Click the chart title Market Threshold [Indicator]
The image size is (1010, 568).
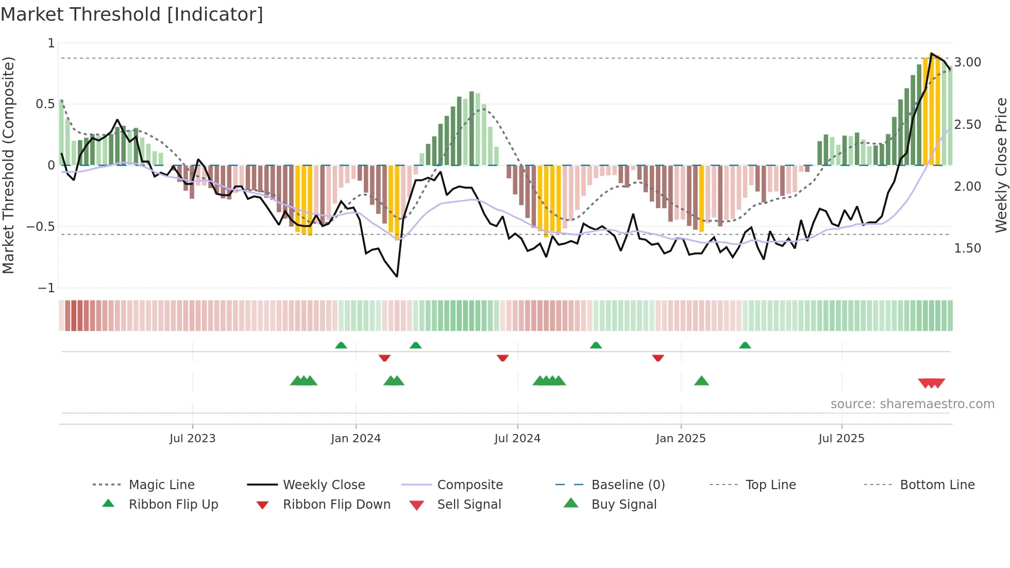(x=132, y=14)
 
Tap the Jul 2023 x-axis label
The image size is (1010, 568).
(x=192, y=439)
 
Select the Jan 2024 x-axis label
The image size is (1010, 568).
(x=356, y=439)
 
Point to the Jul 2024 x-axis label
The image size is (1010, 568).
(x=517, y=439)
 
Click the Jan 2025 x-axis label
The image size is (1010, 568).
(x=681, y=439)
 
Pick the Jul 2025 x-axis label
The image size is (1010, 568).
(x=841, y=439)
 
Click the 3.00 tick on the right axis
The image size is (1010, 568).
(x=967, y=62)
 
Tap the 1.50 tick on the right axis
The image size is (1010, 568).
(x=967, y=248)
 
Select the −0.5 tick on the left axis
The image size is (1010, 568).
(x=41, y=227)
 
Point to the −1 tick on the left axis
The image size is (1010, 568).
(x=46, y=288)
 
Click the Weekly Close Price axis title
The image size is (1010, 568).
(x=1001, y=165)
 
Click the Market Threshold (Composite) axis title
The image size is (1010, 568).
(x=8, y=165)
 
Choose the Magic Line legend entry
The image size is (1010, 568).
(x=161, y=485)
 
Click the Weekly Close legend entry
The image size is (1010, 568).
(x=324, y=485)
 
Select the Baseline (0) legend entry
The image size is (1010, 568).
(x=628, y=485)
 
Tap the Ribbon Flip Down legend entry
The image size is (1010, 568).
(x=336, y=505)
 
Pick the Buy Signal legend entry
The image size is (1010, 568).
(x=624, y=505)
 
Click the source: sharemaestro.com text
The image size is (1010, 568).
(x=912, y=404)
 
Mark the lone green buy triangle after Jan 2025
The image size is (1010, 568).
(x=701, y=381)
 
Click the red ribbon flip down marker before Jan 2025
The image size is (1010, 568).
(x=658, y=358)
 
